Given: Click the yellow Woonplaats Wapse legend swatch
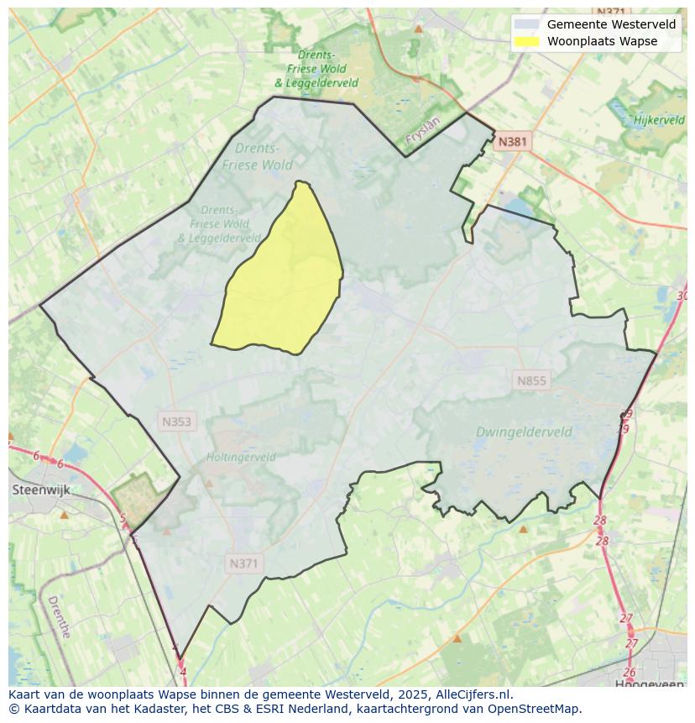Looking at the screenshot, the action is pos(527,41).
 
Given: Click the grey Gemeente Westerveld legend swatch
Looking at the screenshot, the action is pos(527,24).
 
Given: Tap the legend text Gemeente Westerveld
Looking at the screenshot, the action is pos(611,24).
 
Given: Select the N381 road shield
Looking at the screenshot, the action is pos(512,142).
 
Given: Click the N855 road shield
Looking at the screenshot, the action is pos(531,381).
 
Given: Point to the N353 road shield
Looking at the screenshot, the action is pos(176,422).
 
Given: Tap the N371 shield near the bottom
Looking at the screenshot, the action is pos(243,564).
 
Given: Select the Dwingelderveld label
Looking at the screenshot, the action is pos(524,432).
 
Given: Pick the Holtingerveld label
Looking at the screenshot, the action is pos(241,458).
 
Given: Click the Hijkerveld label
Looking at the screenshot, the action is pos(659,120).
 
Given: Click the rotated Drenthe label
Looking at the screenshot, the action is pos(59,617).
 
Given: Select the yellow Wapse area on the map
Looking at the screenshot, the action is pos(285,286).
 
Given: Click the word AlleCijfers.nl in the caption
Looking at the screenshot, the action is pos(473,694).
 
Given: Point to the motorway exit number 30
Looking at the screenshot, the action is pos(682,296).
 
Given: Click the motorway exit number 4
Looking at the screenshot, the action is pos(183,672).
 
